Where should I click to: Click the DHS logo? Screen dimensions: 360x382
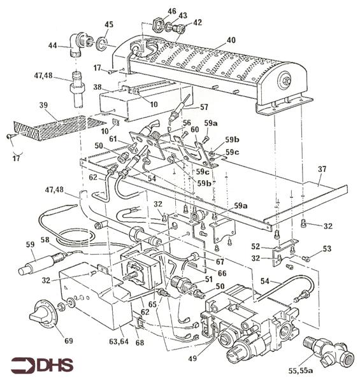pyautogui.click(x=42, y=365)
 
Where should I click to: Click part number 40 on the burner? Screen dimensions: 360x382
pyautogui.click(x=231, y=40)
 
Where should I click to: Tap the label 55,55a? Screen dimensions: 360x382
pyautogui.click(x=300, y=371)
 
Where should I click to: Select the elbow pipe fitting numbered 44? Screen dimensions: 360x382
pyautogui.click(x=78, y=44)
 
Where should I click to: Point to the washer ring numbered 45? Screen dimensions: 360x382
pyautogui.click(x=101, y=43)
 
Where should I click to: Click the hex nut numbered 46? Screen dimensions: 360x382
pyautogui.click(x=157, y=25)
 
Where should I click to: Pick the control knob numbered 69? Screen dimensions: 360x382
pyautogui.click(x=43, y=315)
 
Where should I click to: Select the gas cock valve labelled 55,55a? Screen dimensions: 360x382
pyautogui.click(x=328, y=348)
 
